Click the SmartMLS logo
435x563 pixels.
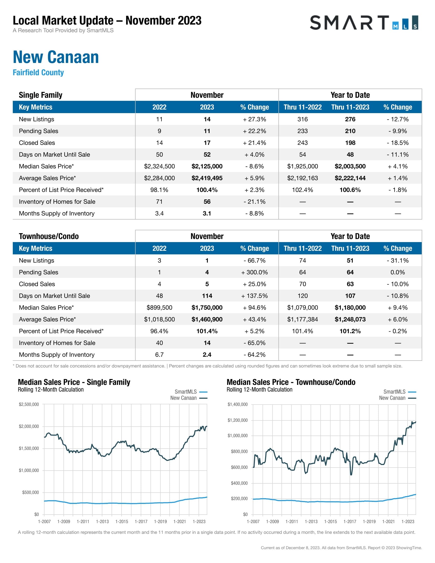[x=364, y=23]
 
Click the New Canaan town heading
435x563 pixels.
[x=56, y=57]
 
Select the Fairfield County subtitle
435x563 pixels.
[x=38, y=72]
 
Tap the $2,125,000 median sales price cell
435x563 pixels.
[x=207, y=166]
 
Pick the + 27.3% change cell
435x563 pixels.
[x=254, y=119]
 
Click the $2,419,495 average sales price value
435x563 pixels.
[x=207, y=178]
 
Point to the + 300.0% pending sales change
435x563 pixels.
[x=254, y=272]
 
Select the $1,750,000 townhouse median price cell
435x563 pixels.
[x=207, y=308]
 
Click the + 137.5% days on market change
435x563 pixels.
[x=254, y=296]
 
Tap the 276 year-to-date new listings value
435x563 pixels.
[x=350, y=119]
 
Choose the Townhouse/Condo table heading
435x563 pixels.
[x=49, y=236]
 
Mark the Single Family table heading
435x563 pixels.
[x=40, y=95]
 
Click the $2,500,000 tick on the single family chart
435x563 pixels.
[x=29, y=404]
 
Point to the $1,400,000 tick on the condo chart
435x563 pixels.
[x=237, y=404]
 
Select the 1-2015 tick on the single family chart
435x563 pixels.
[x=122, y=522]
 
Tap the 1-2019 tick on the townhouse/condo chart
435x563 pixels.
[x=369, y=522]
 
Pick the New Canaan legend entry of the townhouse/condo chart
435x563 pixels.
[x=397, y=398]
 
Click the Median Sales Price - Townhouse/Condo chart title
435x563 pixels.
[x=291, y=382]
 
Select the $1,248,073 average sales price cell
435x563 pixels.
[x=350, y=319]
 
